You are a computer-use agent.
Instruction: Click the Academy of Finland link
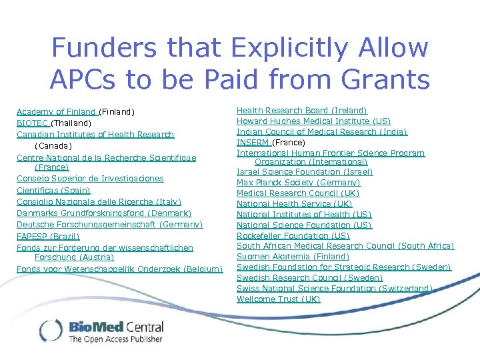click(57, 112)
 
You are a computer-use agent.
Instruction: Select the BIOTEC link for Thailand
click(33, 123)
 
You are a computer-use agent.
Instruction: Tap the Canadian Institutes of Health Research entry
click(95, 135)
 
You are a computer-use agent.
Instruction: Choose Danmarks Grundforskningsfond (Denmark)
click(104, 213)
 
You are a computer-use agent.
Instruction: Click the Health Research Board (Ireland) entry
click(301, 110)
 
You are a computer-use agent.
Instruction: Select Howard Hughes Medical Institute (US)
click(313, 121)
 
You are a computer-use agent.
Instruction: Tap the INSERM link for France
click(254, 143)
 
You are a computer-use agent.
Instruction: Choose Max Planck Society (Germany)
click(298, 183)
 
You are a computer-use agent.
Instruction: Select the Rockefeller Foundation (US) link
click(293, 236)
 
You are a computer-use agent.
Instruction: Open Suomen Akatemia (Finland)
click(293, 257)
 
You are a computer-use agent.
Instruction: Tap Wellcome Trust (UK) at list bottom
click(278, 299)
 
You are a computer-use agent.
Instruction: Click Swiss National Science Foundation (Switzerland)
click(335, 289)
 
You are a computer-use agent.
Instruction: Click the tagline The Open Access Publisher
click(115, 339)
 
